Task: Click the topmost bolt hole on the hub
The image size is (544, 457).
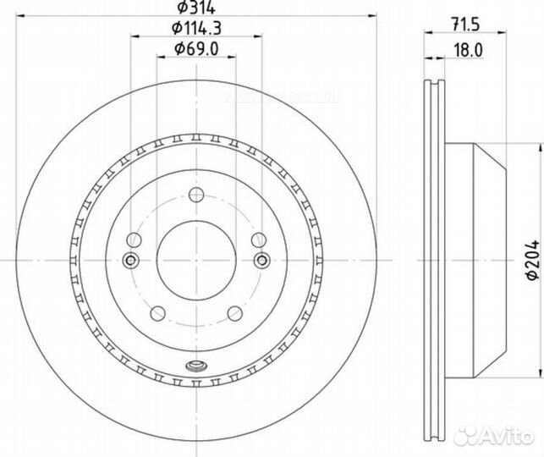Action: (x=196, y=197)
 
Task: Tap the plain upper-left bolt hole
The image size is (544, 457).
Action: (x=134, y=240)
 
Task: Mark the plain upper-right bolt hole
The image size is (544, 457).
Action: (x=259, y=240)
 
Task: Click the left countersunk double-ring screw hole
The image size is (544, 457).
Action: (x=131, y=259)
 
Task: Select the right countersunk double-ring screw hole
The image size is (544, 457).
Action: (x=261, y=259)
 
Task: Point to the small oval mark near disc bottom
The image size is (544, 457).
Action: (x=196, y=366)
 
